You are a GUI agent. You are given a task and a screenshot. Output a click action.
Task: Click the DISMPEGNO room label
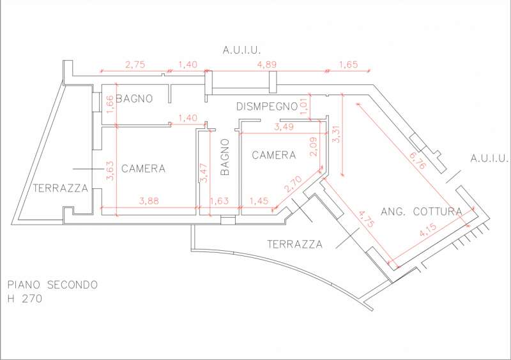tap(267, 106)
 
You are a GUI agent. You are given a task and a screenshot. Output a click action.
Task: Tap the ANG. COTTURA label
tap(422, 211)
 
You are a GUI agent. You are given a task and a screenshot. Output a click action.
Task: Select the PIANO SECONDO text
tap(52, 285)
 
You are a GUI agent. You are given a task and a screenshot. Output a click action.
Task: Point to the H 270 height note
tap(25, 298)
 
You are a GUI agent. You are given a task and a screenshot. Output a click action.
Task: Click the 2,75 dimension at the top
tap(135, 64)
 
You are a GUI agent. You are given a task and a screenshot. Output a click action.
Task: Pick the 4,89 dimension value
tap(266, 64)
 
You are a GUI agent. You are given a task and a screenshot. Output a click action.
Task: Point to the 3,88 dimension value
tap(149, 201)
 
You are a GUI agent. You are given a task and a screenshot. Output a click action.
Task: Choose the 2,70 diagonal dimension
tap(293, 186)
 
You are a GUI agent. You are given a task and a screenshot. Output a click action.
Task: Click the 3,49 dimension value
tap(284, 128)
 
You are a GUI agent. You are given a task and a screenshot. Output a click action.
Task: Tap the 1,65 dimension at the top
tap(348, 64)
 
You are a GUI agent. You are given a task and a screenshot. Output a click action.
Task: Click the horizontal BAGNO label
tap(134, 99)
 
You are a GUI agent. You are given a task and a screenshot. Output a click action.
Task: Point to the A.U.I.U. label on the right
tap(489, 158)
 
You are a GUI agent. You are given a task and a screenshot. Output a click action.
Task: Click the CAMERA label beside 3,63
tap(143, 169)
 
